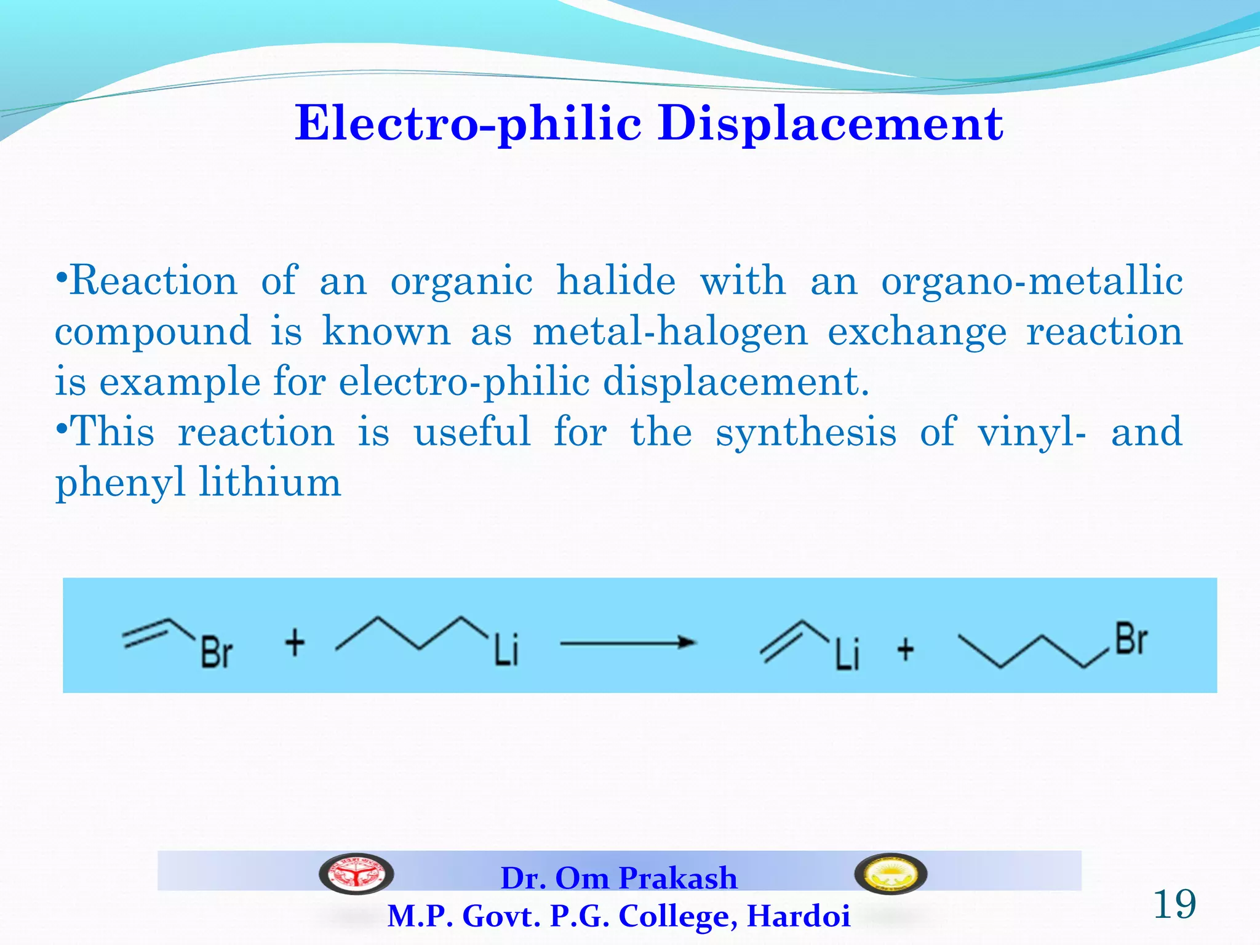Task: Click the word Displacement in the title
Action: pyautogui.click(x=830, y=123)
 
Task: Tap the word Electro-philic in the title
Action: pyautogui.click(x=468, y=123)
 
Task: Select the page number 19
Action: pyautogui.click(x=1174, y=904)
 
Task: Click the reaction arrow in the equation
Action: pyautogui.click(x=628, y=644)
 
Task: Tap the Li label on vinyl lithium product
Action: pyautogui.click(x=847, y=654)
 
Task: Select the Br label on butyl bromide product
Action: pyautogui.click(x=1131, y=640)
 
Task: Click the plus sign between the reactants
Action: pyautogui.click(x=295, y=643)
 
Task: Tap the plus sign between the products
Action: pyautogui.click(x=905, y=649)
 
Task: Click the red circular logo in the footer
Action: pyautogui.click(x=356, y=874)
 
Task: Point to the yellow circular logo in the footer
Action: pyautogui.click(x=890, y=874)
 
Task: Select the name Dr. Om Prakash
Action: pyautogui.click(x=619, y=878)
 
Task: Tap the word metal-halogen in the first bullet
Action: pyautogui.click(x=669, y=332)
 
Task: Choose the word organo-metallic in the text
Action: pyautogui.click(x=1032, y=281)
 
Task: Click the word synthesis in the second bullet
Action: pyautogui.click(x=806, y=432)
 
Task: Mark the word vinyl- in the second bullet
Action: pyautogui.click(x=1032, y=433)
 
